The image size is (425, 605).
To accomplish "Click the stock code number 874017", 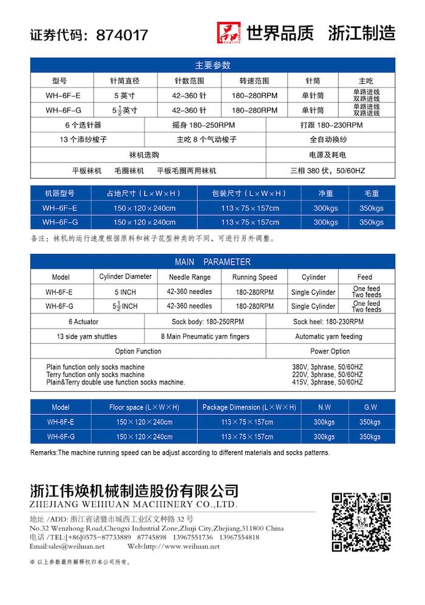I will click(x=122, y=35).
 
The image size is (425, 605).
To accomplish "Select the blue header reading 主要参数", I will click(x=212, y=65).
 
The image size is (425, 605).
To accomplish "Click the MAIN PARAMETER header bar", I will click(x=212, y=262).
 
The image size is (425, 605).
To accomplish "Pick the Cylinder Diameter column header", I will click(x=126, y=277).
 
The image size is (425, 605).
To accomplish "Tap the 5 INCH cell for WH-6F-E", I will click(x=126, y=292).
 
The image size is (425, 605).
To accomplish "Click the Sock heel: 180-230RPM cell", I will click(x=328, y=321).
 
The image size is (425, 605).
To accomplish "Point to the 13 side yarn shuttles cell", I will click(x=87, y=337).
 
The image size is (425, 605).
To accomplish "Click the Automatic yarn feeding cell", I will click(x=328, y=337).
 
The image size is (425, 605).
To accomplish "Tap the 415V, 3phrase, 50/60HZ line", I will click(x=327, y=383).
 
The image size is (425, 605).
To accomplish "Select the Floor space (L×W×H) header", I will click(x=144, y=407).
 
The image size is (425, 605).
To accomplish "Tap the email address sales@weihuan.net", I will click(x=67, y=547).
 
